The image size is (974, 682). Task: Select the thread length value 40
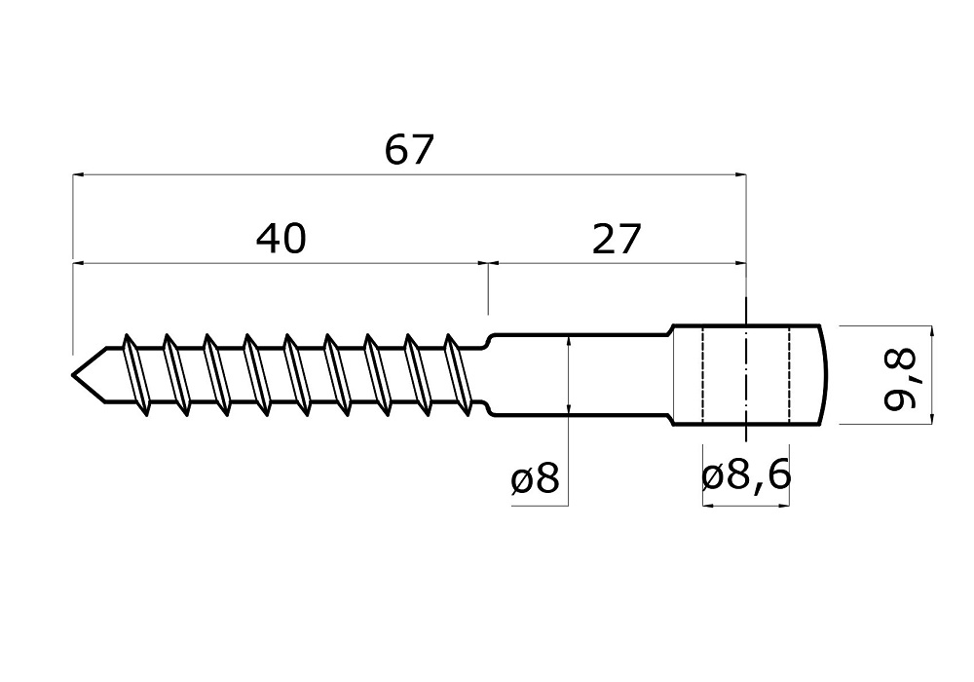pyautogui.click(x=281, y=238)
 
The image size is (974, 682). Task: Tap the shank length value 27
pyautogui.click(x=617, y=238)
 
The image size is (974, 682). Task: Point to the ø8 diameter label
pyautogui.click(x=535, y=479)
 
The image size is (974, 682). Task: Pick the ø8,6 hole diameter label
pyautogui.click(x=745, y=476)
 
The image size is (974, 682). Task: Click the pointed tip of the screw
pyautogui.click(x=74, y=375)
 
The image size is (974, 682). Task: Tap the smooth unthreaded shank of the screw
pyautogui.click(x=580, y=375)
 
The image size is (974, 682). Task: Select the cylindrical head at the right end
pyautogui.click(x=745, y=375)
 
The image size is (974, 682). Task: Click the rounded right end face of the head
pyautogui.click(x=823, y=375)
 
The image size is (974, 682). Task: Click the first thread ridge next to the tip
pyautogui.click(x=134, y=375)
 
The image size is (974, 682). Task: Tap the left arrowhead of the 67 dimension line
pyautogui.click(x=79, y=175)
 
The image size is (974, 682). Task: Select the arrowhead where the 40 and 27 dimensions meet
pyautogui.click(x=487, y=262)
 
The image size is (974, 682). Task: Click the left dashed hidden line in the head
pyautogui.click(x=702, y=375)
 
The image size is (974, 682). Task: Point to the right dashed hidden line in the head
pyautogui.click(x=788, y=375)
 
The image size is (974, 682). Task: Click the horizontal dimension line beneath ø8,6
pyautogui.click(x=745, y=506)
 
